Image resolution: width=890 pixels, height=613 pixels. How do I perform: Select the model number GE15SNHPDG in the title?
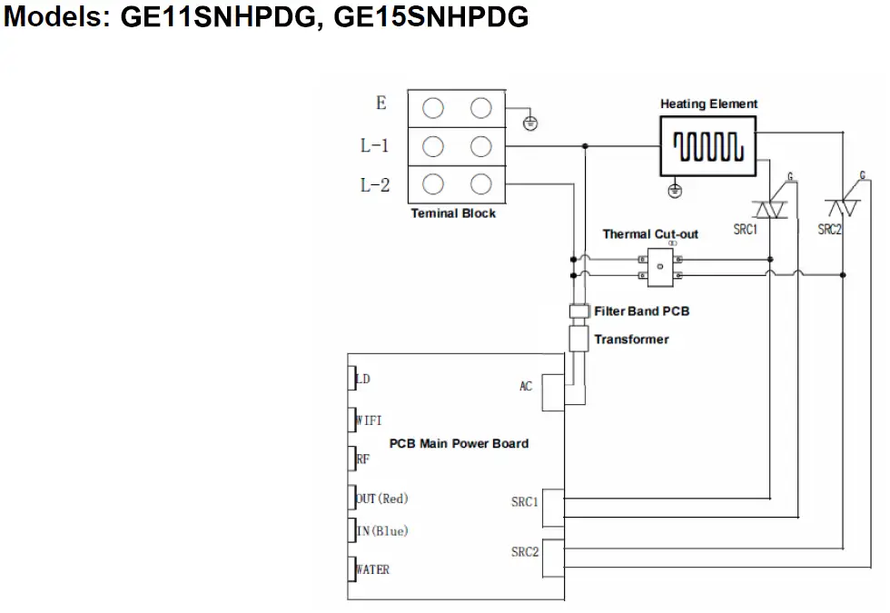(x=431, y=17)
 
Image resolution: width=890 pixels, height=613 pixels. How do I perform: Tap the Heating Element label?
(x=708, y=104)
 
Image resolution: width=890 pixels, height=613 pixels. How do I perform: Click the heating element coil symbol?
(x=708, y=146)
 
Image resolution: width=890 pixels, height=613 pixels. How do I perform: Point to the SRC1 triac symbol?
(x=772, y=209)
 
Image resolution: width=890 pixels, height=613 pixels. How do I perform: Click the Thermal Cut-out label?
(x=650, y=234)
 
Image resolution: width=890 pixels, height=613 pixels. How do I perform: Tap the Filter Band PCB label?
(x=641, y=311)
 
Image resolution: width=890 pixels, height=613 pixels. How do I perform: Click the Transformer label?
(x=631, y=340)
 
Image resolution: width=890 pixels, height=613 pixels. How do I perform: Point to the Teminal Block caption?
(x=453, y=213)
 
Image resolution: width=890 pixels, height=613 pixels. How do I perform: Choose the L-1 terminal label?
(x=375, y=145)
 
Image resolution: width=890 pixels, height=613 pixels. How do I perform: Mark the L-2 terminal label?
(x=375, y=185)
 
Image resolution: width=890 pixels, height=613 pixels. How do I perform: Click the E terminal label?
(x=381, y=104)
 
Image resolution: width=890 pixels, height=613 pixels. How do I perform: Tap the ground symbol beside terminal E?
(x=530, y=124)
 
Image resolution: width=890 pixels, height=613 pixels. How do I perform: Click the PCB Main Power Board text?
(x=459, y=444)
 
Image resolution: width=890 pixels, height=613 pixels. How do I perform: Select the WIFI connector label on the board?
(x=368, y=420)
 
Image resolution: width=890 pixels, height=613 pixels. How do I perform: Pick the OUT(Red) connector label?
(x=382, y=499)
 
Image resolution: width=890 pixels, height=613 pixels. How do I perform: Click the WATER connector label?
(x=371, y=569)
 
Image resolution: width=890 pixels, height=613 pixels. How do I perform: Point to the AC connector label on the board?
(x=526, y=387)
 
